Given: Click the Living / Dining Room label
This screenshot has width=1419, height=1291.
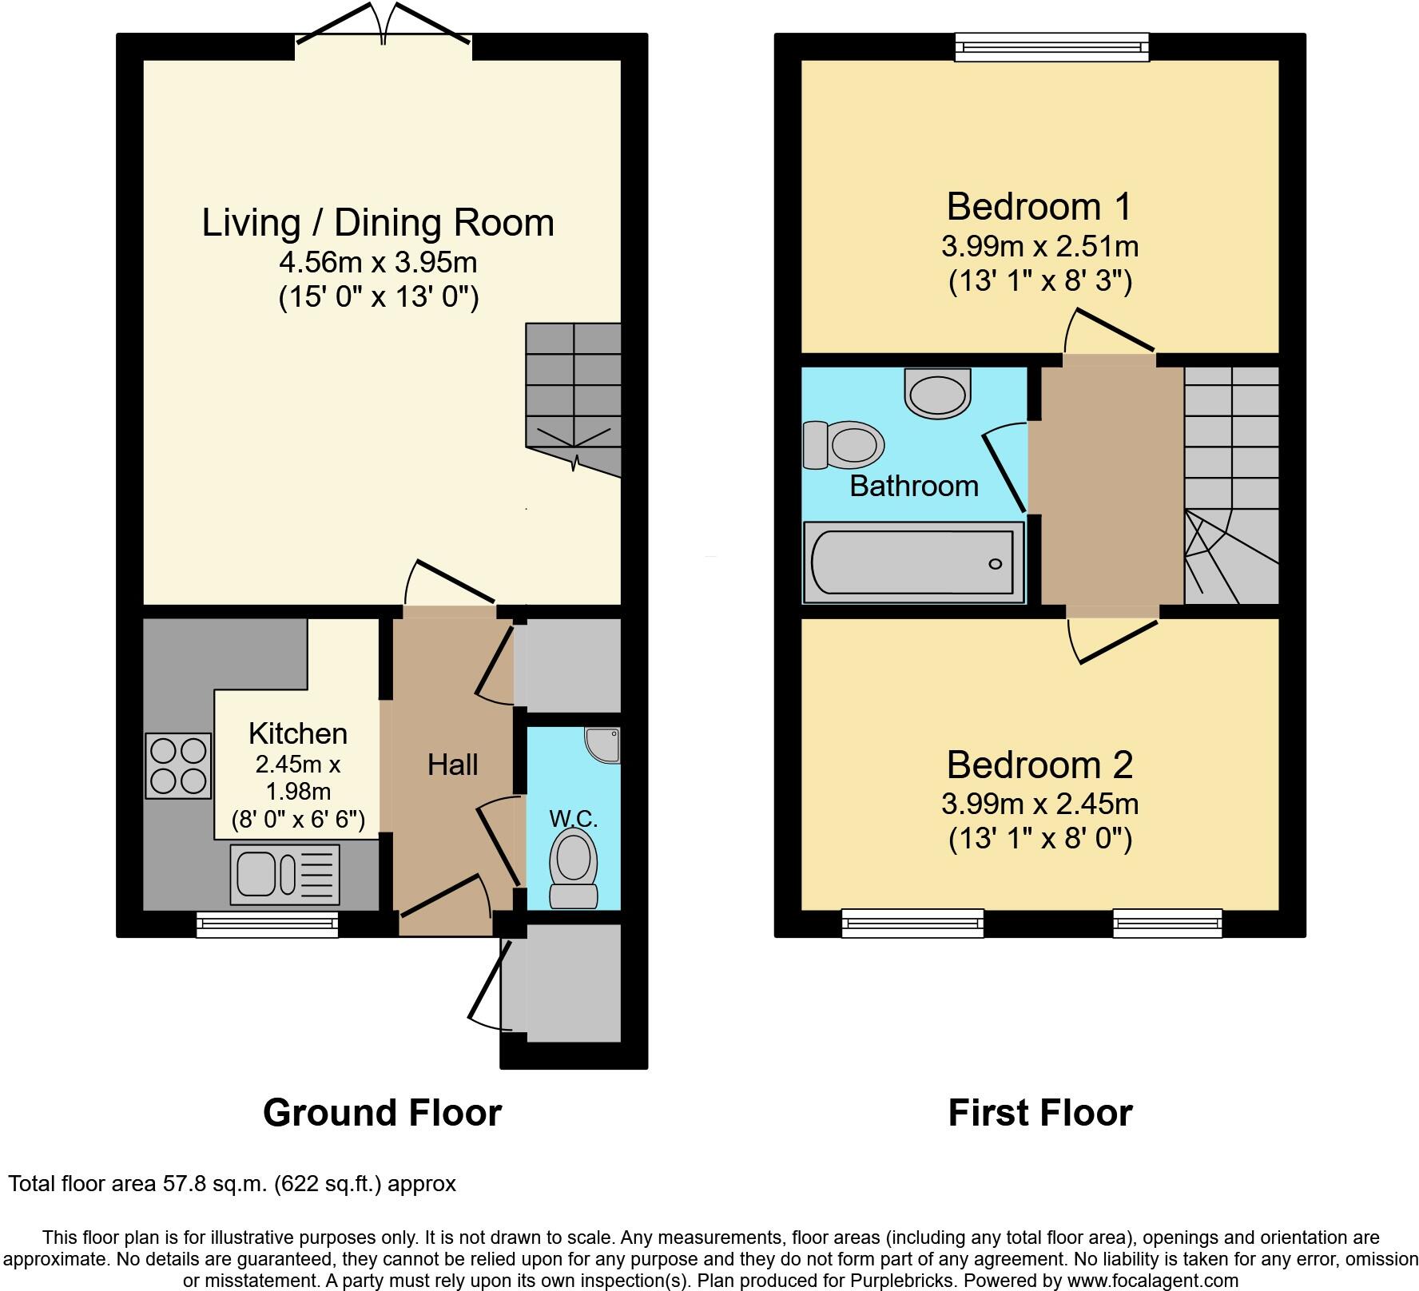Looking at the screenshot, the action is click(x=378, y=223).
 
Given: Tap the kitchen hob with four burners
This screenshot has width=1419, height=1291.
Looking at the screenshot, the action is click(x=178, y=765).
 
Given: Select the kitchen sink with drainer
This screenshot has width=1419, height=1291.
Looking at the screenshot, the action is click(x=284, y=873).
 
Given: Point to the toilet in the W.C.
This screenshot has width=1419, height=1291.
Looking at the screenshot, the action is click(x=574, y=868).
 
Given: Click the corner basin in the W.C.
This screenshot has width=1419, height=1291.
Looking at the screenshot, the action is click(x=603, y=744).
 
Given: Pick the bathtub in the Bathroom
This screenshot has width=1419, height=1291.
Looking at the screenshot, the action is click(x=913, y=562).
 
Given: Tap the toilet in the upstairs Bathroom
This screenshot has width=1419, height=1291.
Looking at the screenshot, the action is click(x=844, y=444).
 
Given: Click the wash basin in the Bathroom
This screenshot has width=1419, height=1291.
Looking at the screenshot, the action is click(x=937, y=393).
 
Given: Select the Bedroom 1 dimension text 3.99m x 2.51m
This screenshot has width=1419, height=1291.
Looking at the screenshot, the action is click(x=1039, y=246).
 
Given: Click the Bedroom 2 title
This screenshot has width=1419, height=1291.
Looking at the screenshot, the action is click(x=1039, y=765).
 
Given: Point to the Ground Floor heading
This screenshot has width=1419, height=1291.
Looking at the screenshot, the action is click(x=382, y=1112).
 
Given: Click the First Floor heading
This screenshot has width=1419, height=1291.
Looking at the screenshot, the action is click(x=1040, y=1112).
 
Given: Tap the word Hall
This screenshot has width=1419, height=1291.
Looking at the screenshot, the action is click(x=453, y=765).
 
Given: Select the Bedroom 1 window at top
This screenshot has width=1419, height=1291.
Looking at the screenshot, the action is click(x=1052, y=46).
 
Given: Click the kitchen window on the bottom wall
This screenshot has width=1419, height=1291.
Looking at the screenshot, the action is click(x=268, y=924).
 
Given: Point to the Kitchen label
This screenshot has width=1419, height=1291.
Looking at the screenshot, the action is click(x=297, y=733).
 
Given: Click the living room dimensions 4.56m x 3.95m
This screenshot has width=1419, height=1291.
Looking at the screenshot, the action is click(x=378, y=262).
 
